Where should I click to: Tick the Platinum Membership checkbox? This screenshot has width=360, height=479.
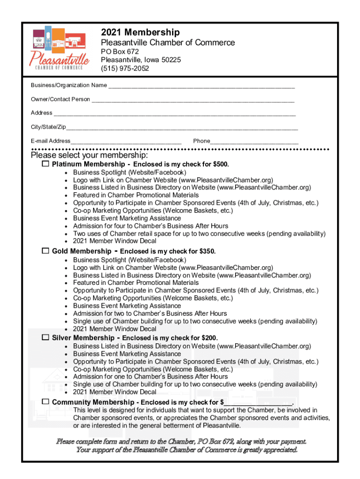[x=45, y=164]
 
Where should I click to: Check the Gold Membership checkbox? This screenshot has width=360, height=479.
[x=45, y=251]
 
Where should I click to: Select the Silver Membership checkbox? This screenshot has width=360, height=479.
[x=45, y=337]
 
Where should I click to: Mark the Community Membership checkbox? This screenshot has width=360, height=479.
[x=45, y=402]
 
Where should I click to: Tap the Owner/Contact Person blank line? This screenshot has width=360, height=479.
[x=193, y=100]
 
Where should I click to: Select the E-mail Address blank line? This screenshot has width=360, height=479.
[x=126, y=142]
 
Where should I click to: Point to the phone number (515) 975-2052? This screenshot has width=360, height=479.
[x=125, y=69]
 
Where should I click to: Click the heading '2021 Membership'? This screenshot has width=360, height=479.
[x=140, y=32]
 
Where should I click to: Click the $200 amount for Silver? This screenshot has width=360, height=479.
[x=209, y=338]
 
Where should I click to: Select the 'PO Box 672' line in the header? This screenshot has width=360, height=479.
[x=120, y=51]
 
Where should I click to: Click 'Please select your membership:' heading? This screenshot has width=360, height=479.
[x=89, y=155]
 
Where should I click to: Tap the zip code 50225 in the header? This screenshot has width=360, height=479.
[x=171, y=60]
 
